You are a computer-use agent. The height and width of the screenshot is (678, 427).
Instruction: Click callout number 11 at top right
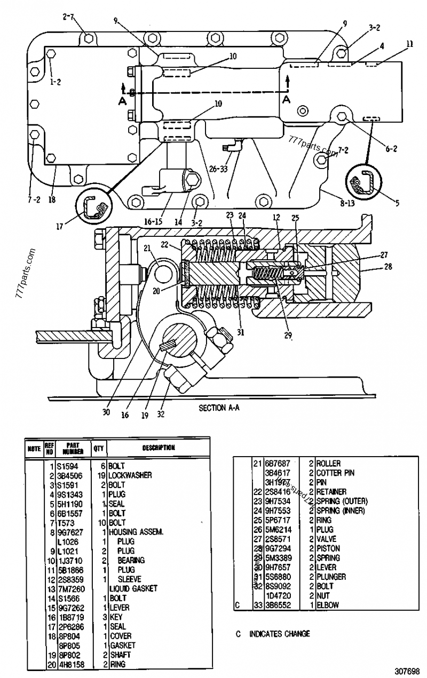(409, 45)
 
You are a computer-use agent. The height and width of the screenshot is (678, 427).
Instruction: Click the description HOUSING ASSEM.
(131, 532)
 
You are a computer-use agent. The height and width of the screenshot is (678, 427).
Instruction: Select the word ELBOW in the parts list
(328, 605)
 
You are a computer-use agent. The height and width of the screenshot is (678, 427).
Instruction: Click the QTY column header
(99, 449)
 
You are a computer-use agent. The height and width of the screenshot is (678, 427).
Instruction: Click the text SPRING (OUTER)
(342, 501)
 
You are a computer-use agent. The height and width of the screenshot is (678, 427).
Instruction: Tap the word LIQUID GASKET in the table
(133, 588)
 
